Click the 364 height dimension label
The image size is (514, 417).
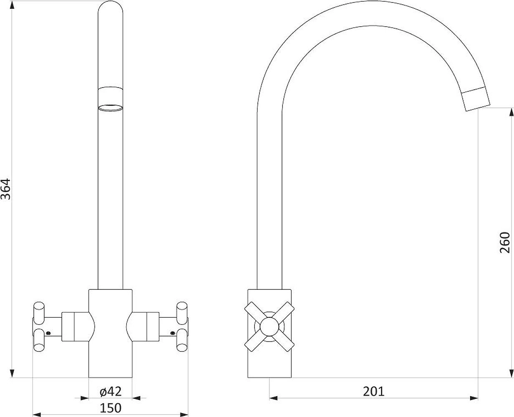(x=6, y=189)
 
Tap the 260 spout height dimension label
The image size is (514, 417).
(x=505, y=242)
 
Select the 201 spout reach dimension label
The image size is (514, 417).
(x=373, y=392)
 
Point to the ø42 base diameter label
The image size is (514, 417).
(x=111, y=392)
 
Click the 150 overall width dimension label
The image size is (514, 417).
(x=111, y=408)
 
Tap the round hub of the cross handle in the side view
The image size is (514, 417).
(x=269, y=327)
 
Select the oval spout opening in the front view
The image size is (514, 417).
(x=110, y=108)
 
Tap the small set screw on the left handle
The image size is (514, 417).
(x=48, y=333)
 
